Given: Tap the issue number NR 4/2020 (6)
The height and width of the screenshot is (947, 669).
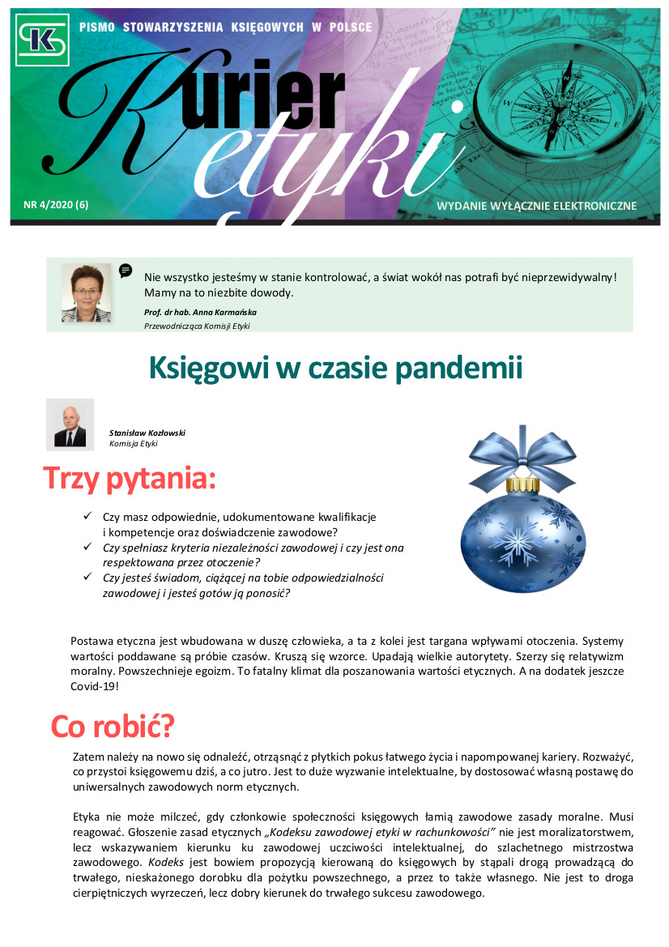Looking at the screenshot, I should tap(56, 205).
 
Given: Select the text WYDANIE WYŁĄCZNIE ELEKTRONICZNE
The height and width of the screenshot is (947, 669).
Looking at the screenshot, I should tap(536, 206).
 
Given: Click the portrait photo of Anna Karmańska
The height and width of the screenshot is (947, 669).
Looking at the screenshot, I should tap(86, 292).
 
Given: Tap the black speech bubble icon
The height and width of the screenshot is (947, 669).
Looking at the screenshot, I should tap(126, 271).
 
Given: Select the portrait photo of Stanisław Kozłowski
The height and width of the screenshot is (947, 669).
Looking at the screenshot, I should tap(70, 424).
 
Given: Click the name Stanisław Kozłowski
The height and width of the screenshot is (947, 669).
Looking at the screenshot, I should tap(147, 433).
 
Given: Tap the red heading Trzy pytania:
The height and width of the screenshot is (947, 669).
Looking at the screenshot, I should tap(130, 478).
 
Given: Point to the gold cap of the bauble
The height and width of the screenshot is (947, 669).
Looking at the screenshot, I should tap(522, 484).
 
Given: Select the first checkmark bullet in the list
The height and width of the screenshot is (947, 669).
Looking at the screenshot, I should tap(87, 516).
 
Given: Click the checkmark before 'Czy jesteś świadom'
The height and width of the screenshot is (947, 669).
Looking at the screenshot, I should tap(87, 578).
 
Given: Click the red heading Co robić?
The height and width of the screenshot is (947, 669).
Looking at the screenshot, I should tap(113, 726).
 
